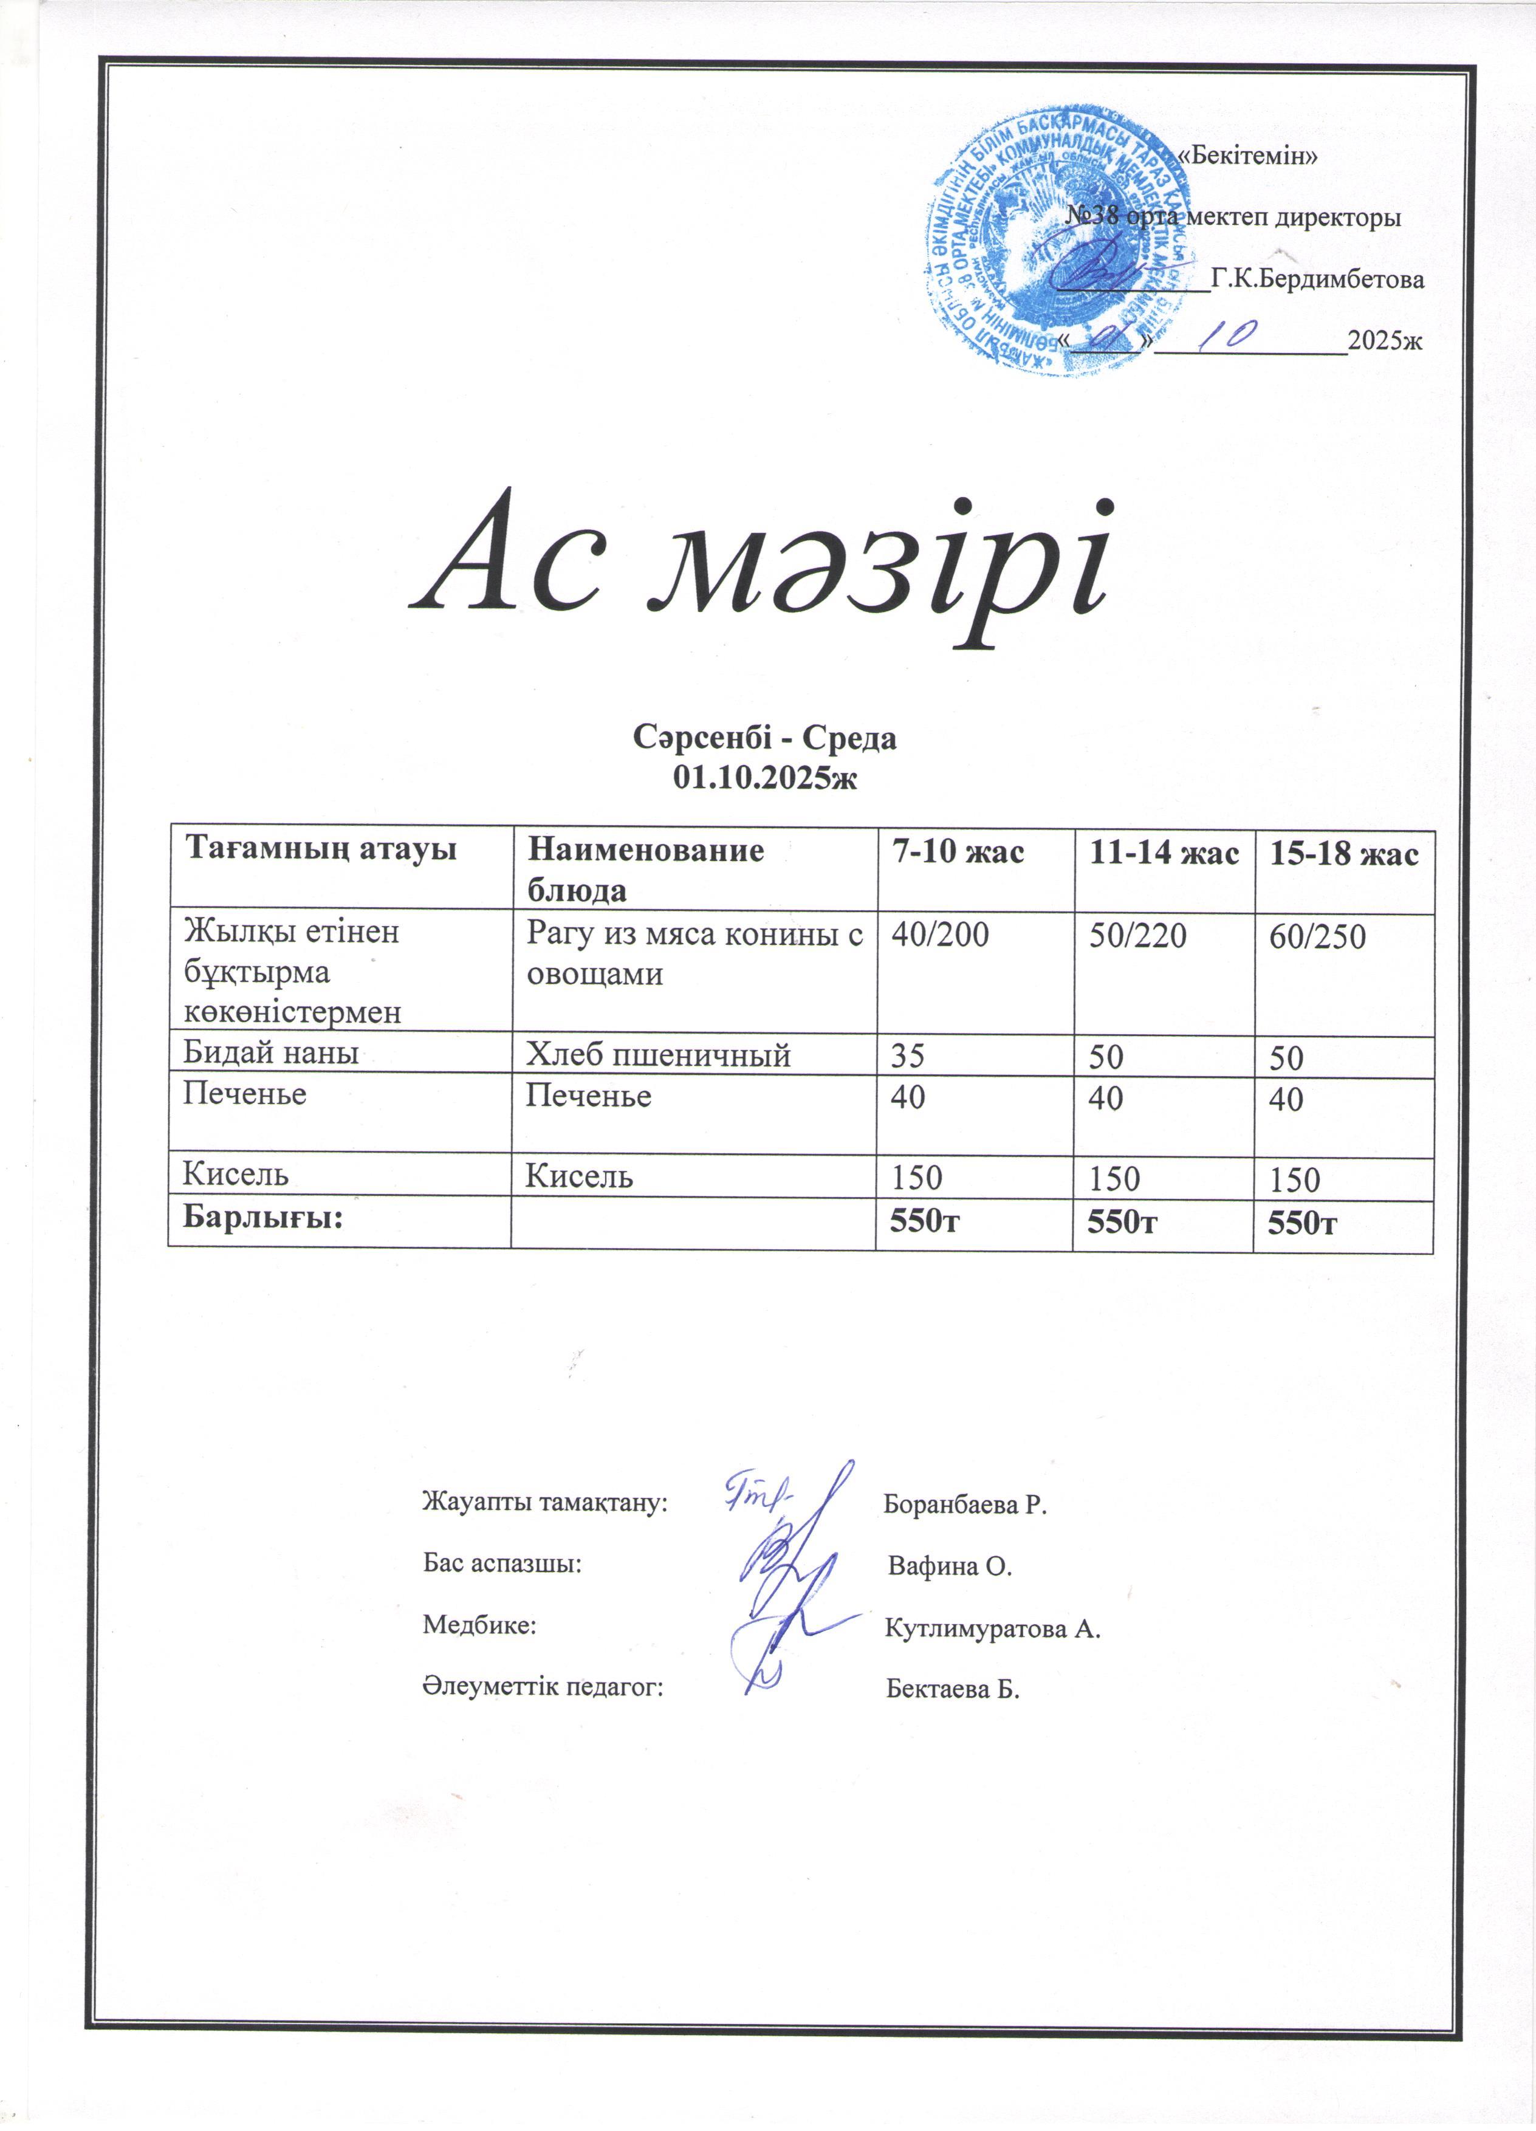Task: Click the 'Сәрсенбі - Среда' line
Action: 766,738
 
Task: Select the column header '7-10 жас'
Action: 958,853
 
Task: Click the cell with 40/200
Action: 939,936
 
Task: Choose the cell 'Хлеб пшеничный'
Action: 657,1056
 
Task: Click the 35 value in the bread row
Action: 908,1057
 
